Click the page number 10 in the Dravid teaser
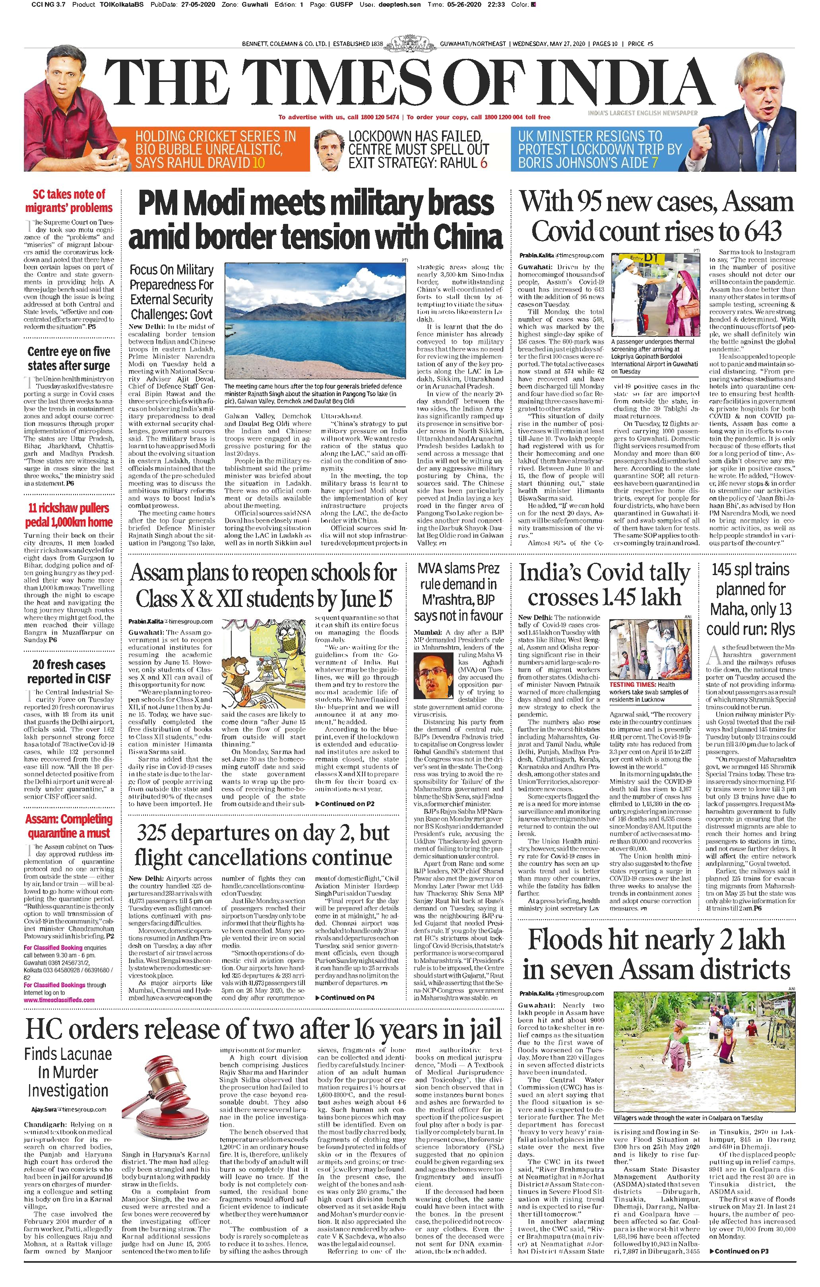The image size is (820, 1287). tap(258, 163)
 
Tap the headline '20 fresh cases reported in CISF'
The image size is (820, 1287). tap(69, 671)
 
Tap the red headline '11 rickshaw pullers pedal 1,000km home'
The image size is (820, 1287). tap(69, 515)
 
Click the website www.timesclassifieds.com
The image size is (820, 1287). tap(59, 1000)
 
